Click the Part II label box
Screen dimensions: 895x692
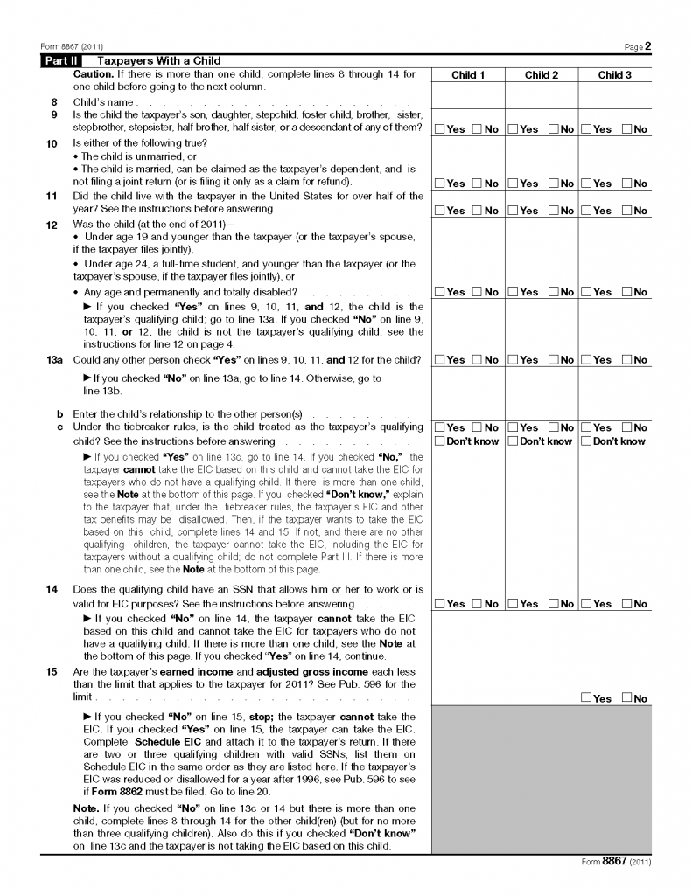coord(62,61)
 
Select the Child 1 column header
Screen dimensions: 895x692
coord(467,75)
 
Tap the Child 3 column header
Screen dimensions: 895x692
coord(614,75)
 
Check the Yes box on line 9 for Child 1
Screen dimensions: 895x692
coord(440,129)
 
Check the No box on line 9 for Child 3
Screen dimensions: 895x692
coord(627,129)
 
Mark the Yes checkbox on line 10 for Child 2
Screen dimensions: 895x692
coord(514,184)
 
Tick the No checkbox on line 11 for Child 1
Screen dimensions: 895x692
coord(478,211)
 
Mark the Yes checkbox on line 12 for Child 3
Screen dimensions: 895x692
coord(586,292)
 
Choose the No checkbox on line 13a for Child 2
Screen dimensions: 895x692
coord(553,360)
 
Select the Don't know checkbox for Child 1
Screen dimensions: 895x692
coord(440,441)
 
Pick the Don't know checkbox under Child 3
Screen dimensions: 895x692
coord(586,441)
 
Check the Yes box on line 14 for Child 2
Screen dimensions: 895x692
coord(514,604)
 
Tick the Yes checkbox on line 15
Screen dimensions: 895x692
coord(586,697)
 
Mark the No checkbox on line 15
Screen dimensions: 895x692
coord(627,697)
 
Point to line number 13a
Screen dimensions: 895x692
coord(53,360)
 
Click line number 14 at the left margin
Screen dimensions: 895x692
coord(52,590)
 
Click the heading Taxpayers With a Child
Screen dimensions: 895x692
coord(158,61)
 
